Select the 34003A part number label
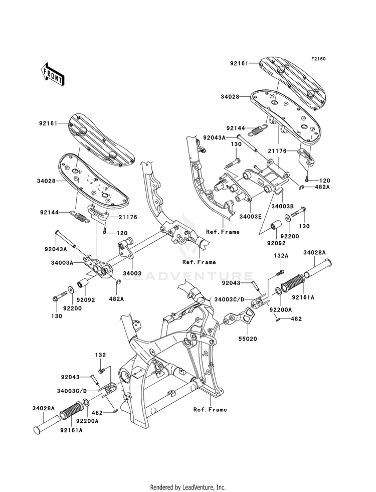[62, 262]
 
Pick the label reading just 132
[101, 355]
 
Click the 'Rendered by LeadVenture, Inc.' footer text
[188, 487]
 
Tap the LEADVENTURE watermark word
[188, 275]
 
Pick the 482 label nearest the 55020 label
[297, 318]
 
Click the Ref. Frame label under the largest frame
[210, 409]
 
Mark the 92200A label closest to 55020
[282, 310]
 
